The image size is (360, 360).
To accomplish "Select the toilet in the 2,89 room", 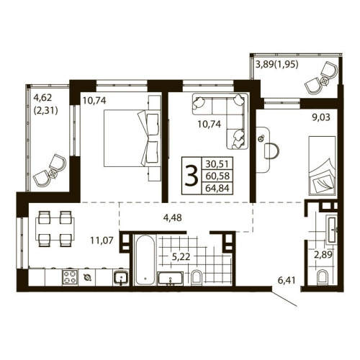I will pyautogui.click(x=321, y=276).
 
